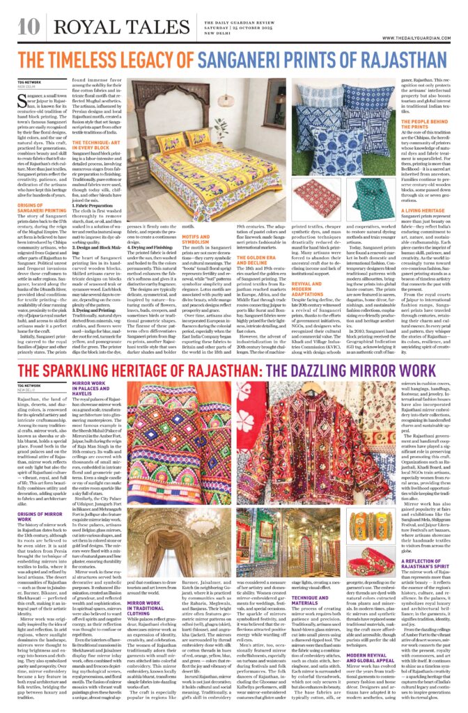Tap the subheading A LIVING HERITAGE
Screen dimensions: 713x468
tap(421, 210)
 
